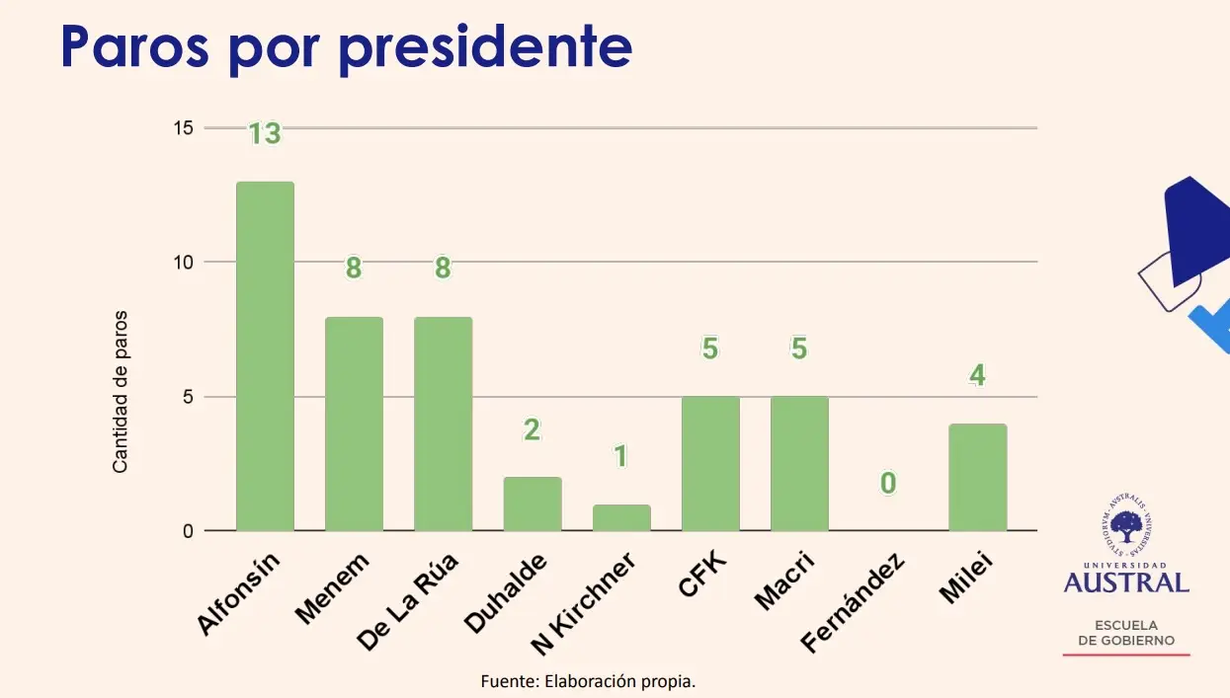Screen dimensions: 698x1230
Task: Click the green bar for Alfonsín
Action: click(x=265, y=356)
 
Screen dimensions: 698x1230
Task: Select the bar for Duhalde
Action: click(x=533, y=504)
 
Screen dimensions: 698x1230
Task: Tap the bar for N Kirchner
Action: click(x=621, y=518)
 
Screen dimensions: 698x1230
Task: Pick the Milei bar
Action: click(x=977, y=478)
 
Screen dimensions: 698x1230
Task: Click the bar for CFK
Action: click(x=710, y=464)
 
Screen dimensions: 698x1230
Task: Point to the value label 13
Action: click(x=265, y=134)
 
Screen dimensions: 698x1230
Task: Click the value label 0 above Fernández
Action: click(x=888, y=483)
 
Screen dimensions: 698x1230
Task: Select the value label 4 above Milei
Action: click(x=977, y=376)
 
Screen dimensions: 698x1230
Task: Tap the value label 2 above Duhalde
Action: click(x=533, y=429)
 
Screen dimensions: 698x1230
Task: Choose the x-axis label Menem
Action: click(x=333, y=588)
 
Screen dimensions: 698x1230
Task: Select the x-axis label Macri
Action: click(x=783, y=582)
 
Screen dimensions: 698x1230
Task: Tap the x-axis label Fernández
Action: click(x=852, y=604)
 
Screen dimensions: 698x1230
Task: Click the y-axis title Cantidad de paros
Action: click(x=121, y=392)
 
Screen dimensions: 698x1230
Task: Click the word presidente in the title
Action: click(x=484, y=47)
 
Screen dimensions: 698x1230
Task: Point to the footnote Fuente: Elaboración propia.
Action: click(x=589, y=681)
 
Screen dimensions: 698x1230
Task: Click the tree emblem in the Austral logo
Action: click(x=1126, y=526)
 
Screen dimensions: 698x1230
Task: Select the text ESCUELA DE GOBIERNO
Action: click(x=1126, y=633)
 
